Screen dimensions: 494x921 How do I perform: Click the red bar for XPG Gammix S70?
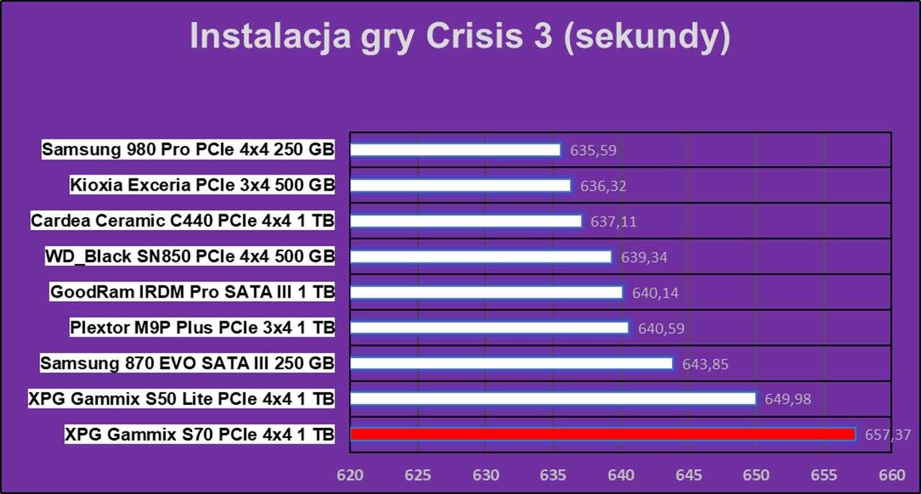(602, 434)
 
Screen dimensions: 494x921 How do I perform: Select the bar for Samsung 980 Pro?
(455, 150)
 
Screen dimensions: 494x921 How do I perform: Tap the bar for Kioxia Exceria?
(460, 186)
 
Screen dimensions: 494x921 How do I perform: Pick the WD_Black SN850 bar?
(481, 257)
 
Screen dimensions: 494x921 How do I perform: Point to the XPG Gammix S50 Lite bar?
(553, 398)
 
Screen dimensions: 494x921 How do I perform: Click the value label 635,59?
(593, 151)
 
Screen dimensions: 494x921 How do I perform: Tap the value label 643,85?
(705, 365)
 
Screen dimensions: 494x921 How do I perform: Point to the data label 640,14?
(655, 293)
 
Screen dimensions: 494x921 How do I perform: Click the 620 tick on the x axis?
(350, 476)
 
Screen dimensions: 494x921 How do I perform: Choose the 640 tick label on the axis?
(621, 476)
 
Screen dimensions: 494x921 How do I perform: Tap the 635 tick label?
(553, 476)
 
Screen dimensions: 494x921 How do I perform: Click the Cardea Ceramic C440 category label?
(183, 221)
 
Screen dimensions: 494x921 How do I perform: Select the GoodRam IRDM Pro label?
(192, 292)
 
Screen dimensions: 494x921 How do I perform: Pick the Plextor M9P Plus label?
(202, 328)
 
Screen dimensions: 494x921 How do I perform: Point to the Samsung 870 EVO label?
(187, 363)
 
